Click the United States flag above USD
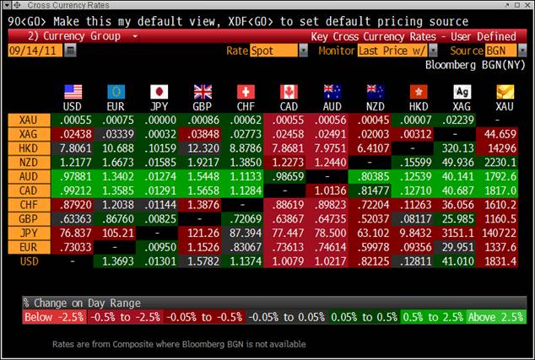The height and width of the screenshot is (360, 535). click(x=73, y=91)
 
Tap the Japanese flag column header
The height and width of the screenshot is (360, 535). click(x=159, y=91)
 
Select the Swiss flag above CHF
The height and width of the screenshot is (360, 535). click(x=246, y=91)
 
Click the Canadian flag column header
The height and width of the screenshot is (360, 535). click(x=289, y=91)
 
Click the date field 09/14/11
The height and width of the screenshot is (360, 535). click(x=34, y=51)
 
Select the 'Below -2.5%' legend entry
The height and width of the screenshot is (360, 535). click(x=54, y=317)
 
